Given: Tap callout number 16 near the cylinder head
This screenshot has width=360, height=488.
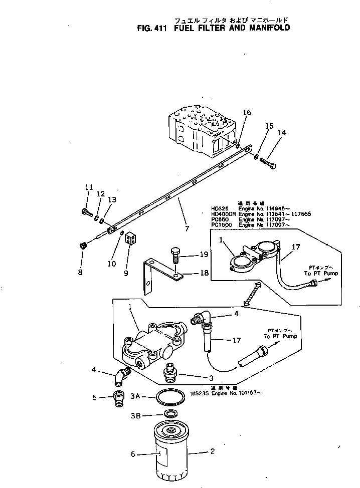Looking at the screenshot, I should click(x=246, y=113).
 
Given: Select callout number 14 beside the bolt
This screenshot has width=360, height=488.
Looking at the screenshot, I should click(x=282, y=133).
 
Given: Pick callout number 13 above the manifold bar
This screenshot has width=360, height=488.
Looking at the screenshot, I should click(x=112, y=199).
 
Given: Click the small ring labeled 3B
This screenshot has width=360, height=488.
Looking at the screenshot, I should click(x=171, y=414).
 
